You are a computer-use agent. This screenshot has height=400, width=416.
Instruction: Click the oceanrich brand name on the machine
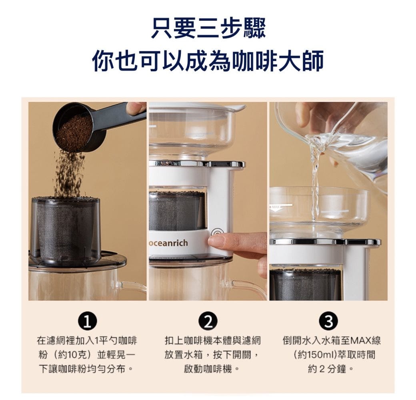(169, 243)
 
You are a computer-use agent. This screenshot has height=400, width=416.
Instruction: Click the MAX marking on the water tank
(276, 206)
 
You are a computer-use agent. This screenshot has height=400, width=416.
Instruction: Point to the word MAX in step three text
(360, 340)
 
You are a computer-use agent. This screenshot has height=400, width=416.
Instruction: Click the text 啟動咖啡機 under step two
(208, 369)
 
